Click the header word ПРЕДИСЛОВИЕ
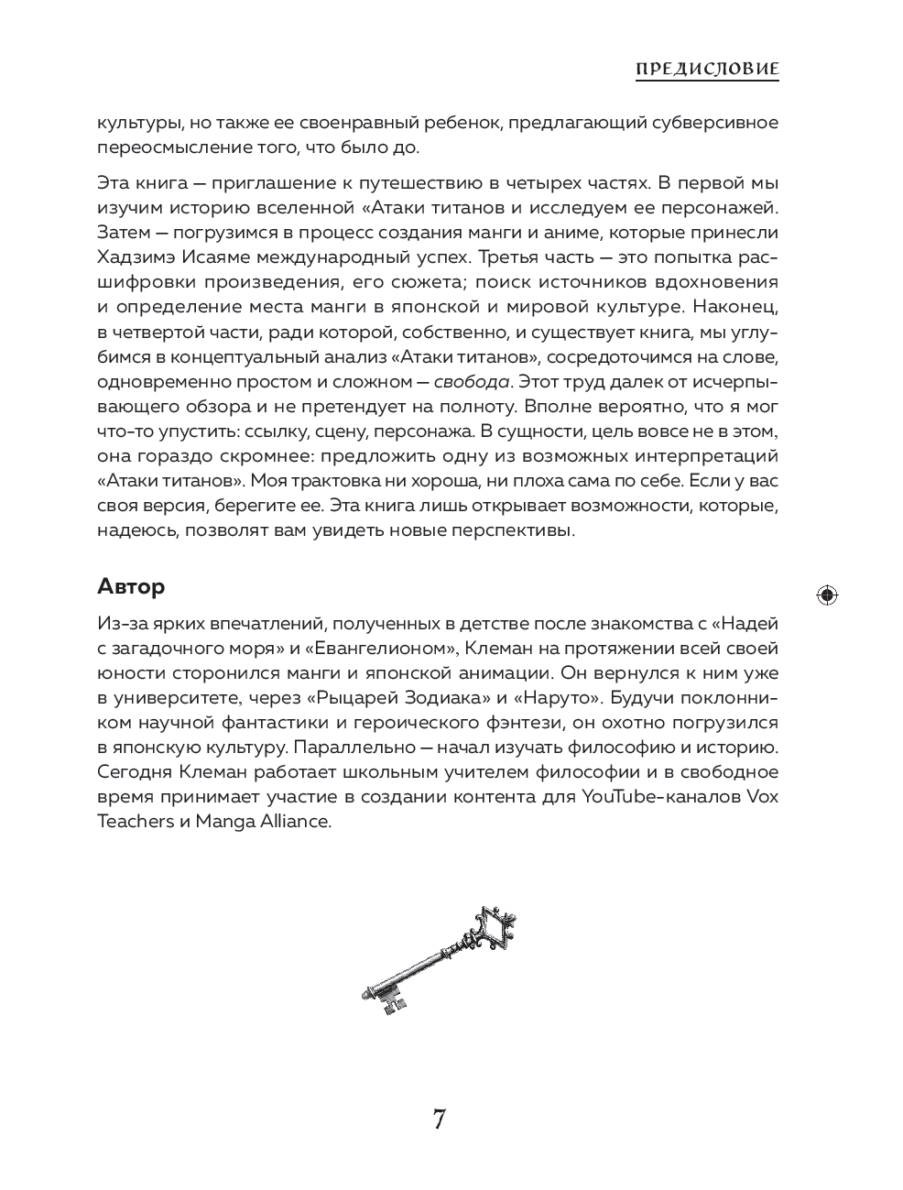coord(707,69)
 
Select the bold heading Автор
coord(131,586)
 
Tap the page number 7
coord(439,1119)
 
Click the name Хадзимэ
coord(134,257)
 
